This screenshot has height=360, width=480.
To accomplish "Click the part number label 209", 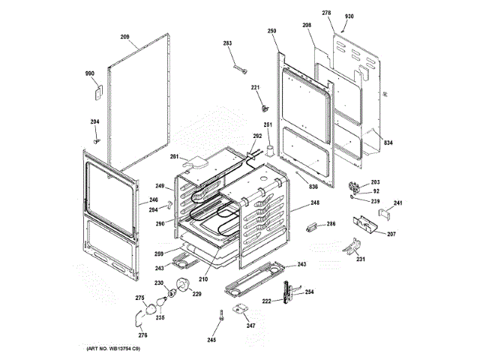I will pyautogui.click(x=125, y=36).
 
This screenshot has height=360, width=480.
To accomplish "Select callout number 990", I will pyautogui.click(x=89, y=73).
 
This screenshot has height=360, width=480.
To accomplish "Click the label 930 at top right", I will pyautogui.click(x=349, y=16).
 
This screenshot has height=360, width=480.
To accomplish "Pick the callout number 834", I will pyautogui.click(x=388, y=142).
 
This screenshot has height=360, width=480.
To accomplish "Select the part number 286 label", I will pyautogui.click(x=331, y=224).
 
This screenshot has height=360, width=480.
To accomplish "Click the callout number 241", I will pyautogui.click(x=398, y=203).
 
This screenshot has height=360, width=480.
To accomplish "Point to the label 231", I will pyautogui.click(x=361, y=259).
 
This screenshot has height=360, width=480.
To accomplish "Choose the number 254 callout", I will pyautogui.click(x=309, y=292).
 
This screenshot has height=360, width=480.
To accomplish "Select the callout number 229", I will pyautogui.click(x=197, y=293).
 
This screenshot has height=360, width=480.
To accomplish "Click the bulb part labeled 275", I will pyautogui.click(x=154, y=306).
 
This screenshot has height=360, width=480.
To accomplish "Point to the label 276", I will pyautogui.click(x=142, y=334).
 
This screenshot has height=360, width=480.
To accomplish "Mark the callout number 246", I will pyautogui.click(x=153, y=199).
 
